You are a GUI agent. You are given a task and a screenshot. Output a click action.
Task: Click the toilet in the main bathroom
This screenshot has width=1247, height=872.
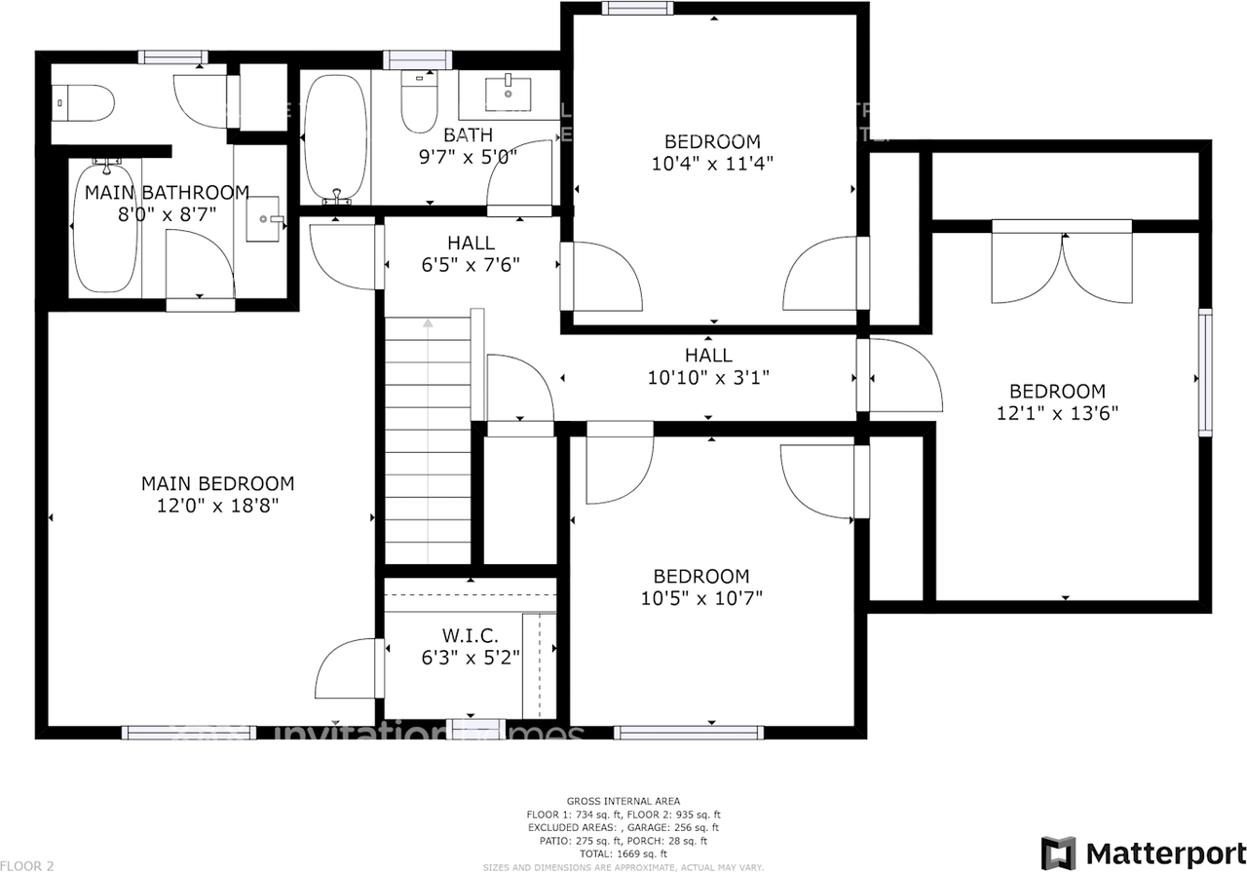85,102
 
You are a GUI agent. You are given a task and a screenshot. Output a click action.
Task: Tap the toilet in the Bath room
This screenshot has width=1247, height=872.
420,103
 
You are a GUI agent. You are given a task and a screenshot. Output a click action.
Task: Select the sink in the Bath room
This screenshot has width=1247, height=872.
508,95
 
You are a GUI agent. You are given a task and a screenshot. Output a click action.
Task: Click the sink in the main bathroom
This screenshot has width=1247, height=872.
264,218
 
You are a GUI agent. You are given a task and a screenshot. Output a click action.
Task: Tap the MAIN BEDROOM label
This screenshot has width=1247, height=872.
217,483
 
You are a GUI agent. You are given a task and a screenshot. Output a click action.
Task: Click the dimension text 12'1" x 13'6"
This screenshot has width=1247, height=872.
1057,412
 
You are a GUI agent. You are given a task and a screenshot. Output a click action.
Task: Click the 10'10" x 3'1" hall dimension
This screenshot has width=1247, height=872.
708,377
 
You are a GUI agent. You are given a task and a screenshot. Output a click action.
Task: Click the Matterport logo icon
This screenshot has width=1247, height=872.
1058,853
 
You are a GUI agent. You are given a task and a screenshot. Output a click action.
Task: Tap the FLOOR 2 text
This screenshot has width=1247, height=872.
27,864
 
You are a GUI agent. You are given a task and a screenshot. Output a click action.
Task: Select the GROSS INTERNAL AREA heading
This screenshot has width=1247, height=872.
623,801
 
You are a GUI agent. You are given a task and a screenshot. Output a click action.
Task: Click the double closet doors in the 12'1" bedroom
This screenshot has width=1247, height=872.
1062,263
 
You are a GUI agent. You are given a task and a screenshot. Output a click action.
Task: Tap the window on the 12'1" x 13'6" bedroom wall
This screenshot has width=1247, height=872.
1205,372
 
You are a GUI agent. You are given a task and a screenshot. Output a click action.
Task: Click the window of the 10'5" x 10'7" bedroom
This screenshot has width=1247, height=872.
689,733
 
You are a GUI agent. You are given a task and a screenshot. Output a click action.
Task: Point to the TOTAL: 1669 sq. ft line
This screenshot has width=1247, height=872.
623,853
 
